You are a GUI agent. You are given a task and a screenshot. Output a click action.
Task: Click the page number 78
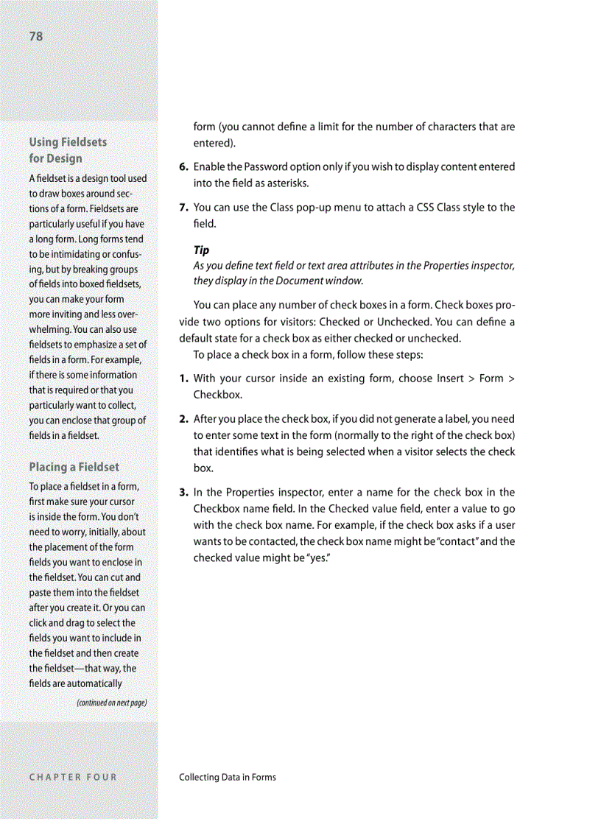(36, 37)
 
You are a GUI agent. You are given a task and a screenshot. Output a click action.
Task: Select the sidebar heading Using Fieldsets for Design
(67, 149)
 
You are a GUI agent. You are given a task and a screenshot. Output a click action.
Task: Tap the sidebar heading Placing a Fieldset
(74, 467)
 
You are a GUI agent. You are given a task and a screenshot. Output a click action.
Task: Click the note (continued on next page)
(112, 703)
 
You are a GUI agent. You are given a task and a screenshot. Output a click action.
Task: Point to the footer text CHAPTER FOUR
(73, 777)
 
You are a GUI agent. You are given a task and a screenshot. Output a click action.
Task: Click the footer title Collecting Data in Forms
(228, 777)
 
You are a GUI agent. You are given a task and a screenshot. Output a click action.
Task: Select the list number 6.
(183, 167)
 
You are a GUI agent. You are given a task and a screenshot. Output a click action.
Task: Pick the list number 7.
(183, 208)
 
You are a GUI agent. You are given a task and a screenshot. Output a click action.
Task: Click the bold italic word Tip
(201, 250)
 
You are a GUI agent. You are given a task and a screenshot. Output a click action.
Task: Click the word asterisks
(285, 183)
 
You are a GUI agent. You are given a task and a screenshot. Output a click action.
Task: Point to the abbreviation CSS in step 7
(426, 208)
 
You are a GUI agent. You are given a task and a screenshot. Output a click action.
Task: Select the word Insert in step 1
(450, 379)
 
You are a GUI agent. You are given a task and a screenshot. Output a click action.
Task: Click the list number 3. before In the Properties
(183, 493)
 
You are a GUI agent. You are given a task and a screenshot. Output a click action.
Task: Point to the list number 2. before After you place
(183, 420)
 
